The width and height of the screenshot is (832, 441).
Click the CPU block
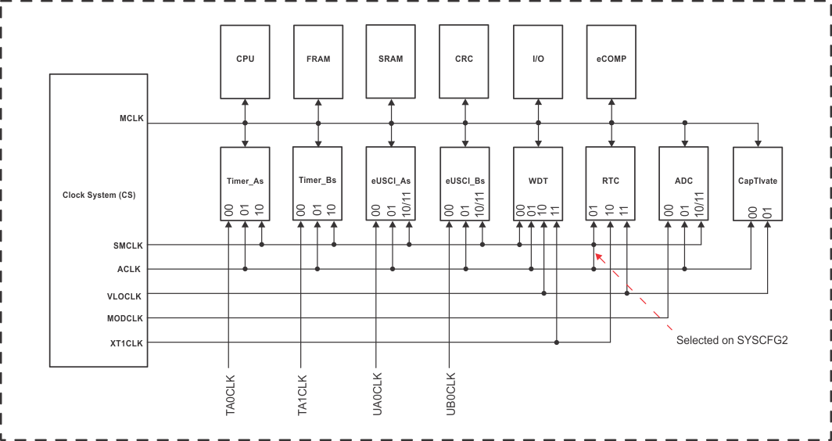pyautogui.click(x=245, y=59)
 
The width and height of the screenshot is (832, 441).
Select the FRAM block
pyautogui.click(x=318, y=59)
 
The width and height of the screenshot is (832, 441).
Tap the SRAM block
pyautogui.click(x=391, y=59)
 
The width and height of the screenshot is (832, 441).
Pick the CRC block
pyautogui.click(x=464, y=59)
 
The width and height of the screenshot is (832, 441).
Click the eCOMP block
pyautogui.click(x=611, y=59)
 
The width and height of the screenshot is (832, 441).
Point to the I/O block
pyautogui.click(x=538, y=59)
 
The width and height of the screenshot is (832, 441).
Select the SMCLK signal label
pyautogui.click(x=128, y=245)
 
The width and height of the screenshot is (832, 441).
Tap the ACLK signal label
pyautogui.click(x=131, y=269)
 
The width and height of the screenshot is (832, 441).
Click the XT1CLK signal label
pyautogui.click(x=127, y=342)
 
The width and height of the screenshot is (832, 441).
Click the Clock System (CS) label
pyautogui.click(x=99, y=195)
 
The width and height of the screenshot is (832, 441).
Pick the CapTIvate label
pyautogui.click(x=757, y=181)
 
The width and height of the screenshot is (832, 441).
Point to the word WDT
pyautogui.click(x=538, y=181)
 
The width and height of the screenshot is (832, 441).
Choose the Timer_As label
pyautogui.click(x=245, y=181)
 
